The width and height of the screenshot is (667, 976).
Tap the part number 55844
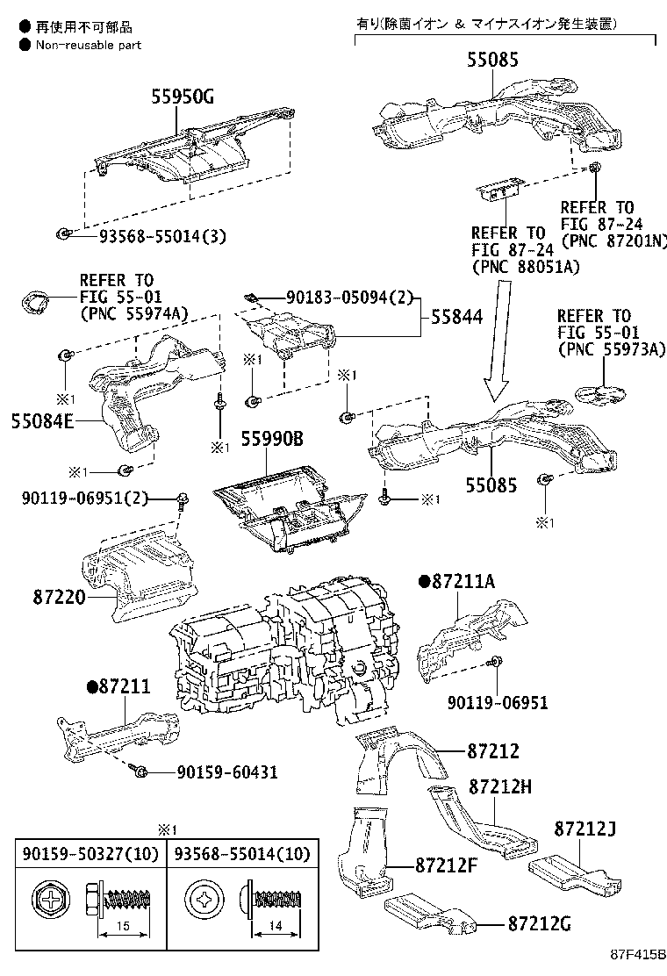(x=456, y=317)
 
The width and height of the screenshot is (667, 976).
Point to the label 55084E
(x=42, y=421)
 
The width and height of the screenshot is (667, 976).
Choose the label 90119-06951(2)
(x=85, y=498)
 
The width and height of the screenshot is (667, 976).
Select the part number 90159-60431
(x=227, y=772)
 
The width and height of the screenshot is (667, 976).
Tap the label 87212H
(x=500, y=787)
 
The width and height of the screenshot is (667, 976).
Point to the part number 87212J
(x=585, y=829)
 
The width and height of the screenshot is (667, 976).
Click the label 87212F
(x=445, y=866)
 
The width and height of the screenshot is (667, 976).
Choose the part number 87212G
(x=539, y=923)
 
